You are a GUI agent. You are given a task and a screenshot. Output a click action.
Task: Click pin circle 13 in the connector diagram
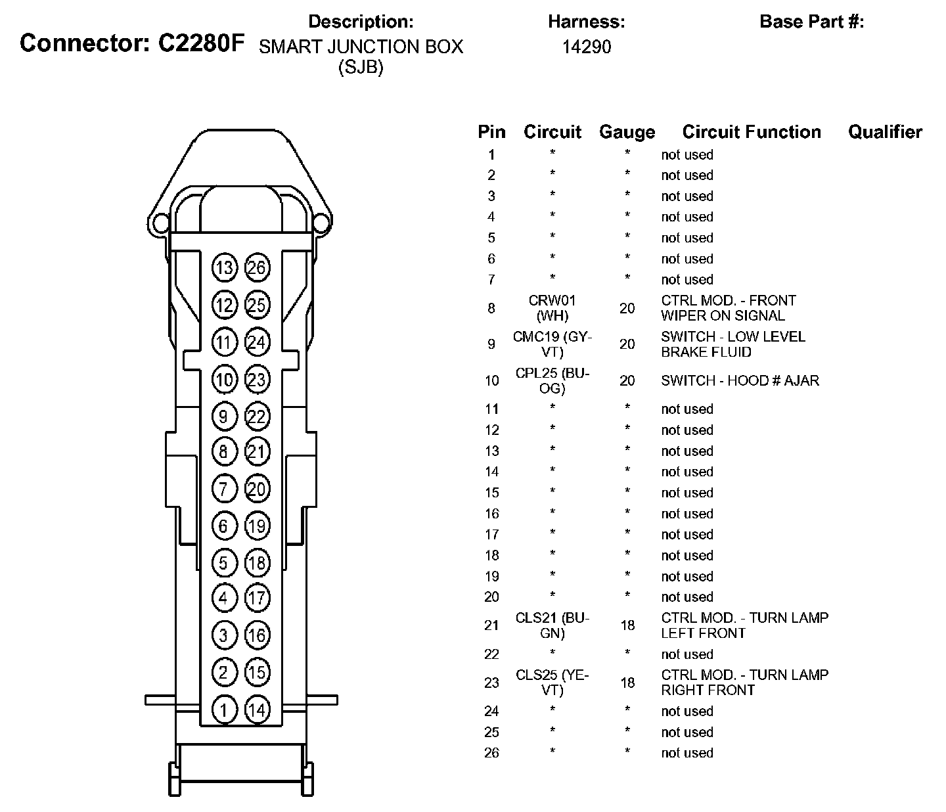[225, 267]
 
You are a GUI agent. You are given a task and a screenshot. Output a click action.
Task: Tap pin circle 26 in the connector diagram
[257, 267]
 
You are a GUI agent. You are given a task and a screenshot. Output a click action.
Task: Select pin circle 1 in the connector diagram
[225, 710]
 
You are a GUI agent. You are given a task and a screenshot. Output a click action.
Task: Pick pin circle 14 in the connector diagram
[257, 710]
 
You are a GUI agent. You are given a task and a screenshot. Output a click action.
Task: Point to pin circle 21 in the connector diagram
[257, 451]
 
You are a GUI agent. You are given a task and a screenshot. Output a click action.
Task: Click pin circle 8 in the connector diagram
[225, 451]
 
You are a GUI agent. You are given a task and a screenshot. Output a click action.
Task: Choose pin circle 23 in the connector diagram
[257, 380]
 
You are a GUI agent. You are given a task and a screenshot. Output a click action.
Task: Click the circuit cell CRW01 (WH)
[552, 308]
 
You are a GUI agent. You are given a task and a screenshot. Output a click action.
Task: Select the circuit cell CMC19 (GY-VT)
[552, 344]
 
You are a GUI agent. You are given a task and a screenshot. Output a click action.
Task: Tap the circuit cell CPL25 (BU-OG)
[552, 380]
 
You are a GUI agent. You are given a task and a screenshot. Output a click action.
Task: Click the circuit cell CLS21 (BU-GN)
[552, 625]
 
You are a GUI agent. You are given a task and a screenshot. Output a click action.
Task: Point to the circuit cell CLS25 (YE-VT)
[552, 683]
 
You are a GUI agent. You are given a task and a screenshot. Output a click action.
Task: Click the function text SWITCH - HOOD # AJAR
[740, 380]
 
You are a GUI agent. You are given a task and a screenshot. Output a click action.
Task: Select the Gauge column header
[627, 132]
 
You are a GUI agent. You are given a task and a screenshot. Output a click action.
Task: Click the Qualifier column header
[885, 132]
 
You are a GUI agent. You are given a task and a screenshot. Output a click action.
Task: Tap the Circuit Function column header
[752, 132]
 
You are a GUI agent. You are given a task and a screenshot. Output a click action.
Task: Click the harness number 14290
[587, 47]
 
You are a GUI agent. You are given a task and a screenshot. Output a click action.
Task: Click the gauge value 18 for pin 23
[627, 683]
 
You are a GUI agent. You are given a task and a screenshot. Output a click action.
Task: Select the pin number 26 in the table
[491, 753]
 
